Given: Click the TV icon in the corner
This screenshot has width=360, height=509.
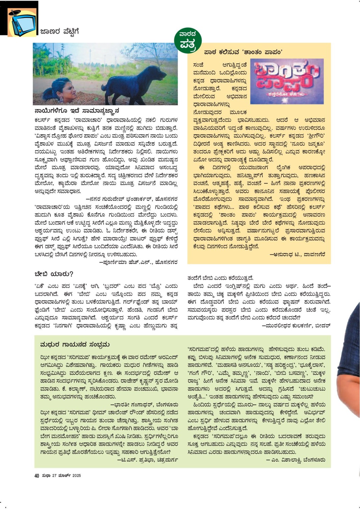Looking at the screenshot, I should point(23,22).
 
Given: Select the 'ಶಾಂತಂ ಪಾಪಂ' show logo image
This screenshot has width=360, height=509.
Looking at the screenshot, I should point(287,81).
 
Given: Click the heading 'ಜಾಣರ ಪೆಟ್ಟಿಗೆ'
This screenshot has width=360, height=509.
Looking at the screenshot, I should point(59,32).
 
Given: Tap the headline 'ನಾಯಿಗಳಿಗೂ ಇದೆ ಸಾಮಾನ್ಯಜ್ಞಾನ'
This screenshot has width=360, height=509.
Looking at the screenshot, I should point(77,111).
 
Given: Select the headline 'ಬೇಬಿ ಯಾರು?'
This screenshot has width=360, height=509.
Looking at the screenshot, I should point(54,274).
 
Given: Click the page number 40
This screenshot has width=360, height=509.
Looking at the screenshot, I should point(37,476).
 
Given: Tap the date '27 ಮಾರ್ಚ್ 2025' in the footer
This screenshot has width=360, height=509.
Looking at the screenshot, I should point(66,476).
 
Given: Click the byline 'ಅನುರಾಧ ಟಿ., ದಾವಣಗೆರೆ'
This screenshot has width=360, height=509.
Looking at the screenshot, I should point(297,255).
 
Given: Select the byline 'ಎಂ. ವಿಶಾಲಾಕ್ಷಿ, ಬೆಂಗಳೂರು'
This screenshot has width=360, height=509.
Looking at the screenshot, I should point(295,460).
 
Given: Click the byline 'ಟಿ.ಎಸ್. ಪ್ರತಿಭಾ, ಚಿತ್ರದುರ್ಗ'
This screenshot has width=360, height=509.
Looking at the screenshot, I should point(147,460).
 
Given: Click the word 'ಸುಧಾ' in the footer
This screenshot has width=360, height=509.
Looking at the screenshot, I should point(46,476).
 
